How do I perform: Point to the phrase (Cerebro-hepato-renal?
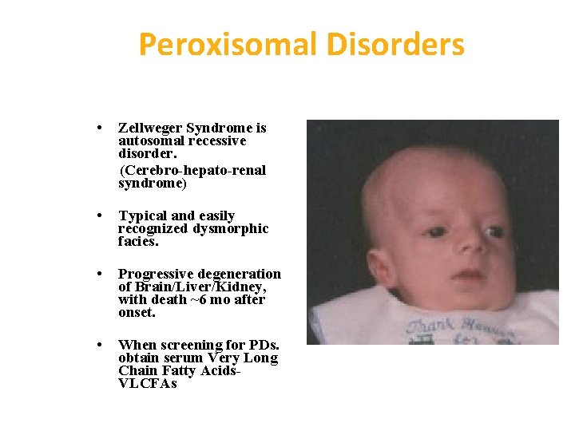(192, 170)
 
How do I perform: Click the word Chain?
(137, 370)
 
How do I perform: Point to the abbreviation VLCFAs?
(147, 384)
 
